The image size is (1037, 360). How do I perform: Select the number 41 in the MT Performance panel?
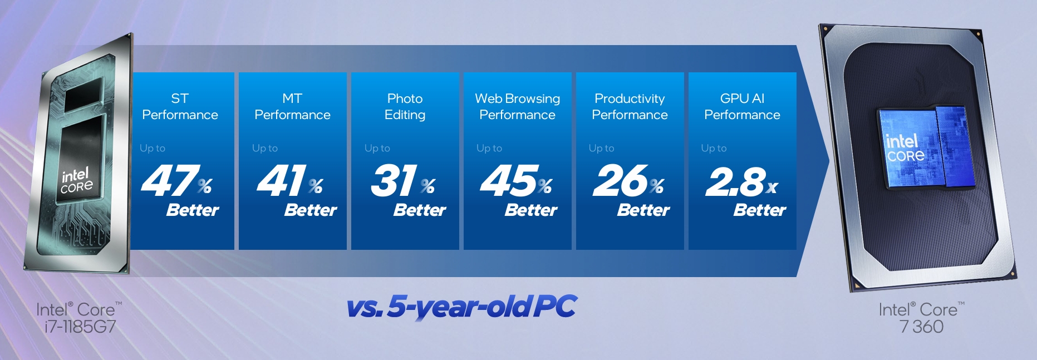[282, 181]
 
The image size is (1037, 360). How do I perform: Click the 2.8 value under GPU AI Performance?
[735, 182]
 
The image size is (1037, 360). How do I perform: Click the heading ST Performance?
[180, 106]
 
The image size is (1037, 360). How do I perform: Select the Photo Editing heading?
[405, 106]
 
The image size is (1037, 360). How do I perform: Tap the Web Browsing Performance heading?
[517, 106]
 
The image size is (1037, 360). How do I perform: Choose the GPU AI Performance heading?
[742, 106]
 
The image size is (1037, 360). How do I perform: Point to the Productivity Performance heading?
[630, 106]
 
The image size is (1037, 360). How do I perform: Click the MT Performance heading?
[292, 106]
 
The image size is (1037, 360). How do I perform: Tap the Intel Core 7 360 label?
[922, 318]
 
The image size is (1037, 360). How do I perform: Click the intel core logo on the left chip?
[76, 180]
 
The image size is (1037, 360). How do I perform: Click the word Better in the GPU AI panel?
[759, 210]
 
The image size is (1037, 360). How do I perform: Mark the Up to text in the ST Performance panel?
[153, 149]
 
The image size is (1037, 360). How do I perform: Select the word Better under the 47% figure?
[193, 210]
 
